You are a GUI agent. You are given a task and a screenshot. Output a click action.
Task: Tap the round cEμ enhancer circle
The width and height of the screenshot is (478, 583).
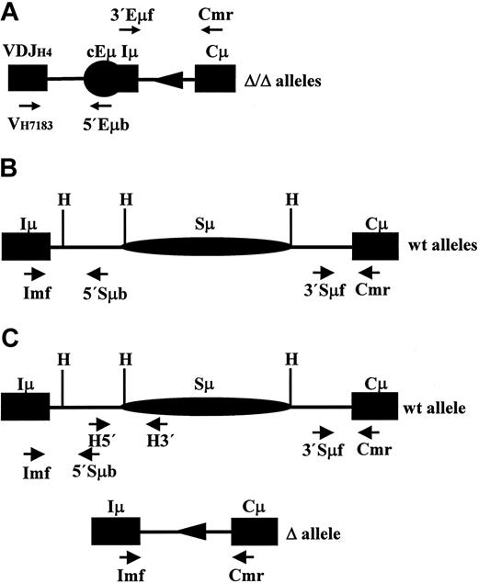(x=101, y=81)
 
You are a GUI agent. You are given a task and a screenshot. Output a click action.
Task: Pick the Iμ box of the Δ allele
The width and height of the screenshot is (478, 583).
(x=115, y=531)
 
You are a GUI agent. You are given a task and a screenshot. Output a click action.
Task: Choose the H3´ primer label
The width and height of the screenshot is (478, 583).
(x=159, y=439)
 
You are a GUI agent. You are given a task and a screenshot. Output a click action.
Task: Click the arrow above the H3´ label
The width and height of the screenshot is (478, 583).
(x=158, y=422)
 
